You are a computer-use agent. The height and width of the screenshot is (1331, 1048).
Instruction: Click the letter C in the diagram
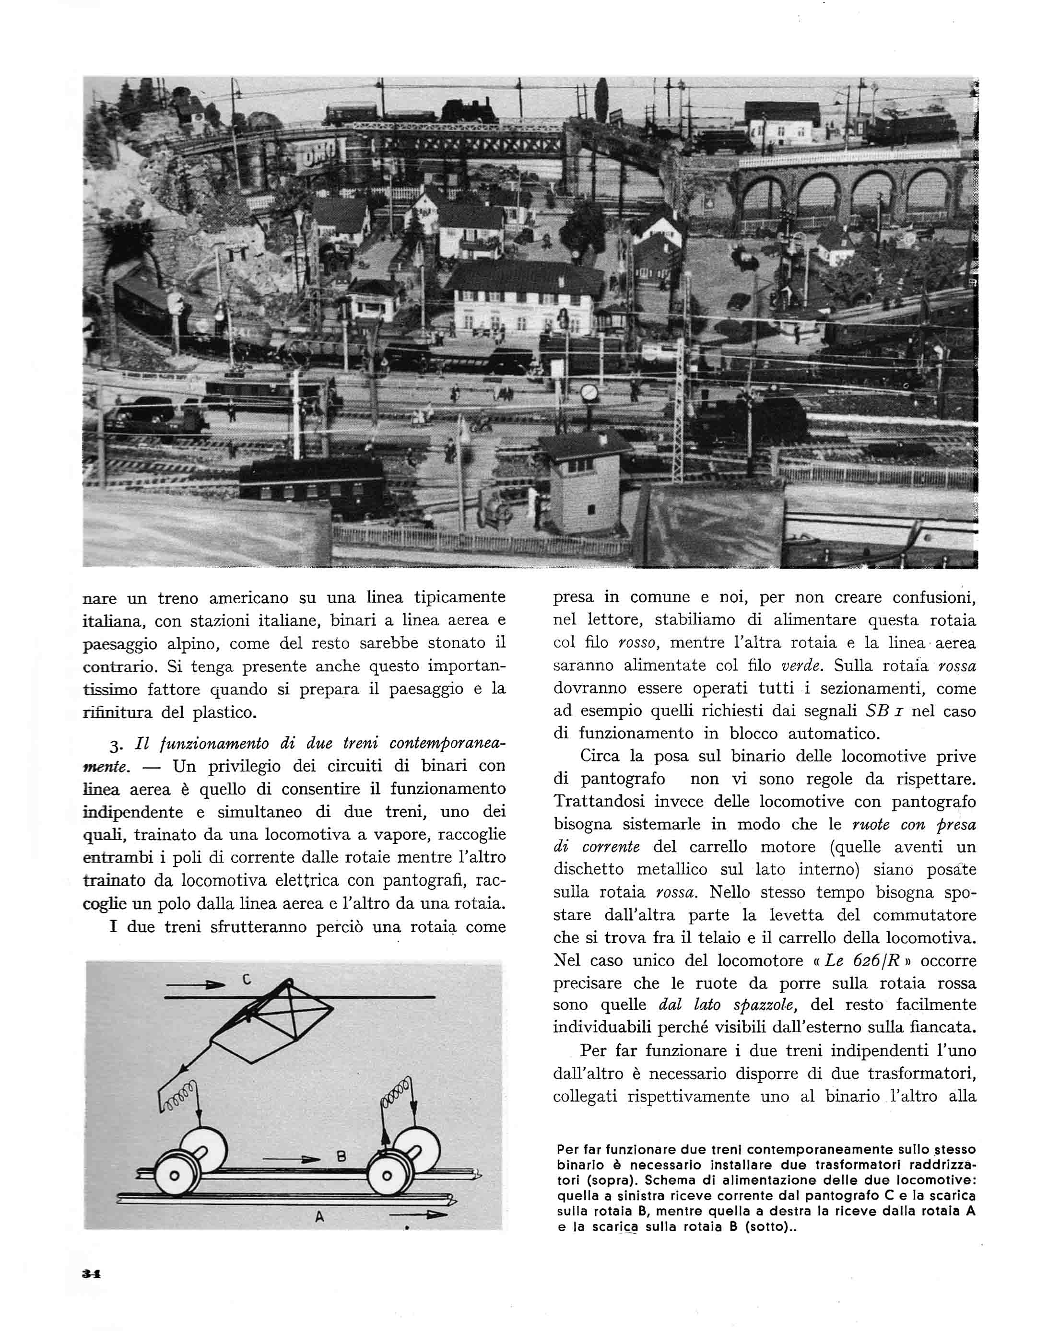click(246, 980)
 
